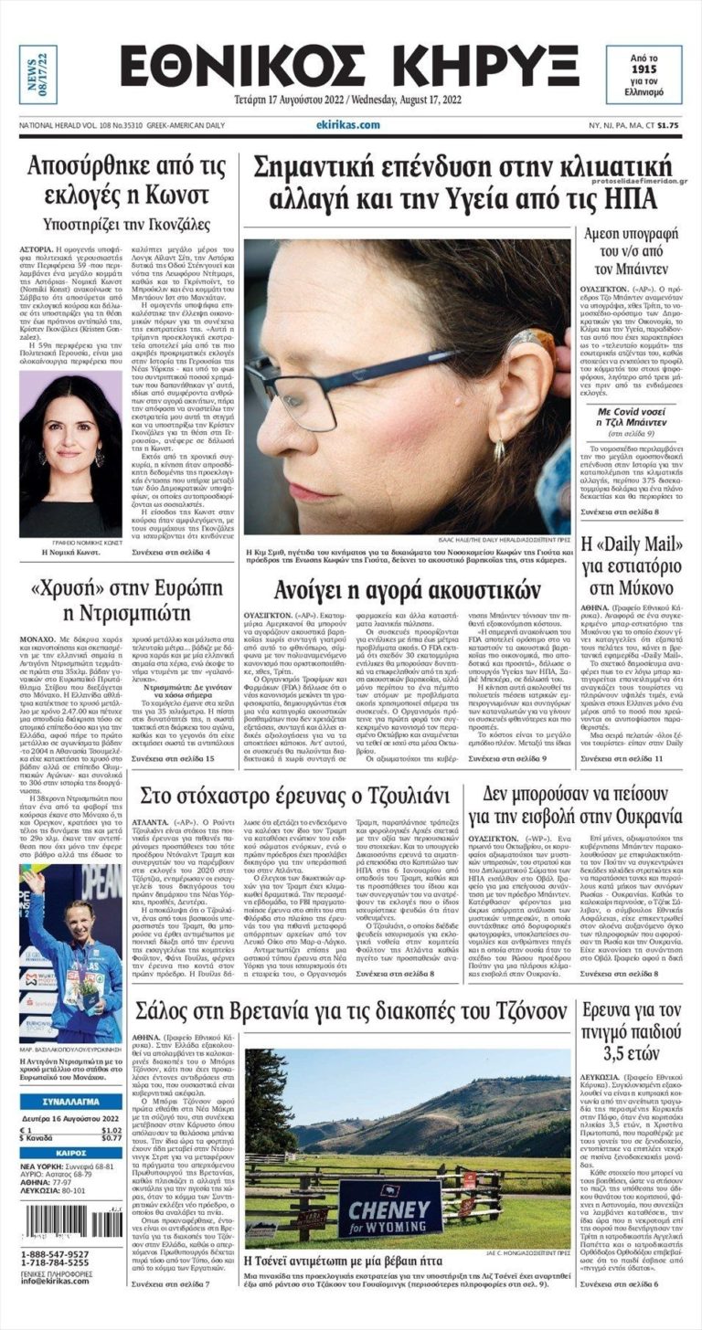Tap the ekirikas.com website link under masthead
(348, 125)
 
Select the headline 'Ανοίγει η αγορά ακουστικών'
(408, 590)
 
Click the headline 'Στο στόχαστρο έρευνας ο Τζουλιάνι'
(294, 796)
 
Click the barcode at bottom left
(70, 1223)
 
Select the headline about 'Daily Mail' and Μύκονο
(637, 565)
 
